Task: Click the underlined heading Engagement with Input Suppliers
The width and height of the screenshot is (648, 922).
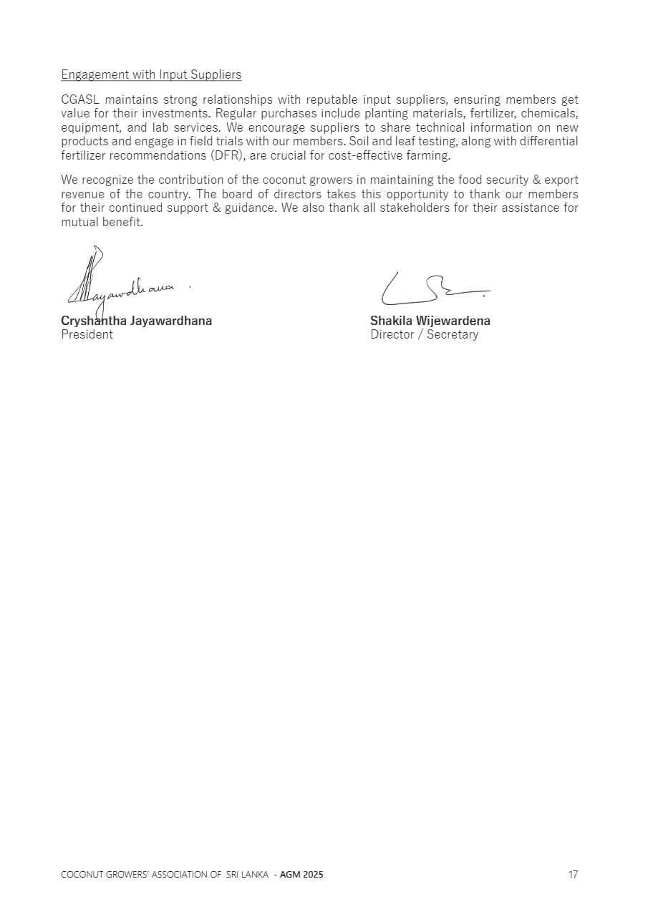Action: point(151,74)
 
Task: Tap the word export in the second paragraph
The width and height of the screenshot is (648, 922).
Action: point(561,180)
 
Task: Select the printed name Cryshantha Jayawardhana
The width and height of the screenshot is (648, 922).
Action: point(136,321)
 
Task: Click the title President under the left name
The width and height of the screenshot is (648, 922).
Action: point(87,334)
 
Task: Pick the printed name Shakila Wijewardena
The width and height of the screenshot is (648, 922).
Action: point(430,321)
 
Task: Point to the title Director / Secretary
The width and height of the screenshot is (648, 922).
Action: point(424,334)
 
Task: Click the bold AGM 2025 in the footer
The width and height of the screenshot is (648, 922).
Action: point(301,875)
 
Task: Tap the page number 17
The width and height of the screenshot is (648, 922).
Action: point(573,875)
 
